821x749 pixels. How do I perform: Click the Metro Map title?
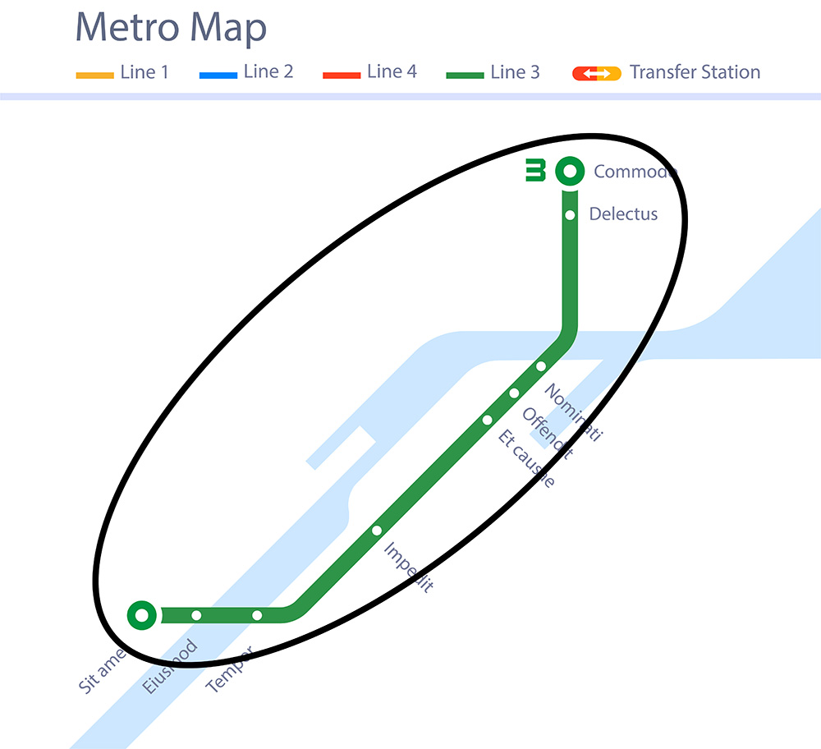coord(171,29)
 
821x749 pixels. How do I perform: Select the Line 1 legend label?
coord(144,72)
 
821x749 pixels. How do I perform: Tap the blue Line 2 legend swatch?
coord(218,76)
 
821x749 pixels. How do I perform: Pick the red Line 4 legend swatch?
coord(342,76)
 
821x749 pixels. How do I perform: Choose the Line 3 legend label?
coord(515,72)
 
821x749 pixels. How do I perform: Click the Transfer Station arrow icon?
coord(597,74)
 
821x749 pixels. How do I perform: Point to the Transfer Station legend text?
coord(695,72)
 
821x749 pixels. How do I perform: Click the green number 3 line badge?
coord(535,171)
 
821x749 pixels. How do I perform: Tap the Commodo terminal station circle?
coord(569,172)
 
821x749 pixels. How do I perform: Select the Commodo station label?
coord(635,172)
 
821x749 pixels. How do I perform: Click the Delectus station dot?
coord(569,215)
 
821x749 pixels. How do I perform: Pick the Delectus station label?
coord(623,214)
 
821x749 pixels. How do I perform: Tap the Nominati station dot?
coord(541,366)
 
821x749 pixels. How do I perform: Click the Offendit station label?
coord(548,433)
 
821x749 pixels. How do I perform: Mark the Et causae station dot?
coord(487,420)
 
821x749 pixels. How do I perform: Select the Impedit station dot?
coord(377,531)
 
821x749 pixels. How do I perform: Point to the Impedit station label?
coord(408,567)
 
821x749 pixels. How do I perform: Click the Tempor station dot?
coord(257,615)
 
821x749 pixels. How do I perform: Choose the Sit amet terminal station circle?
coord(142,614)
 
